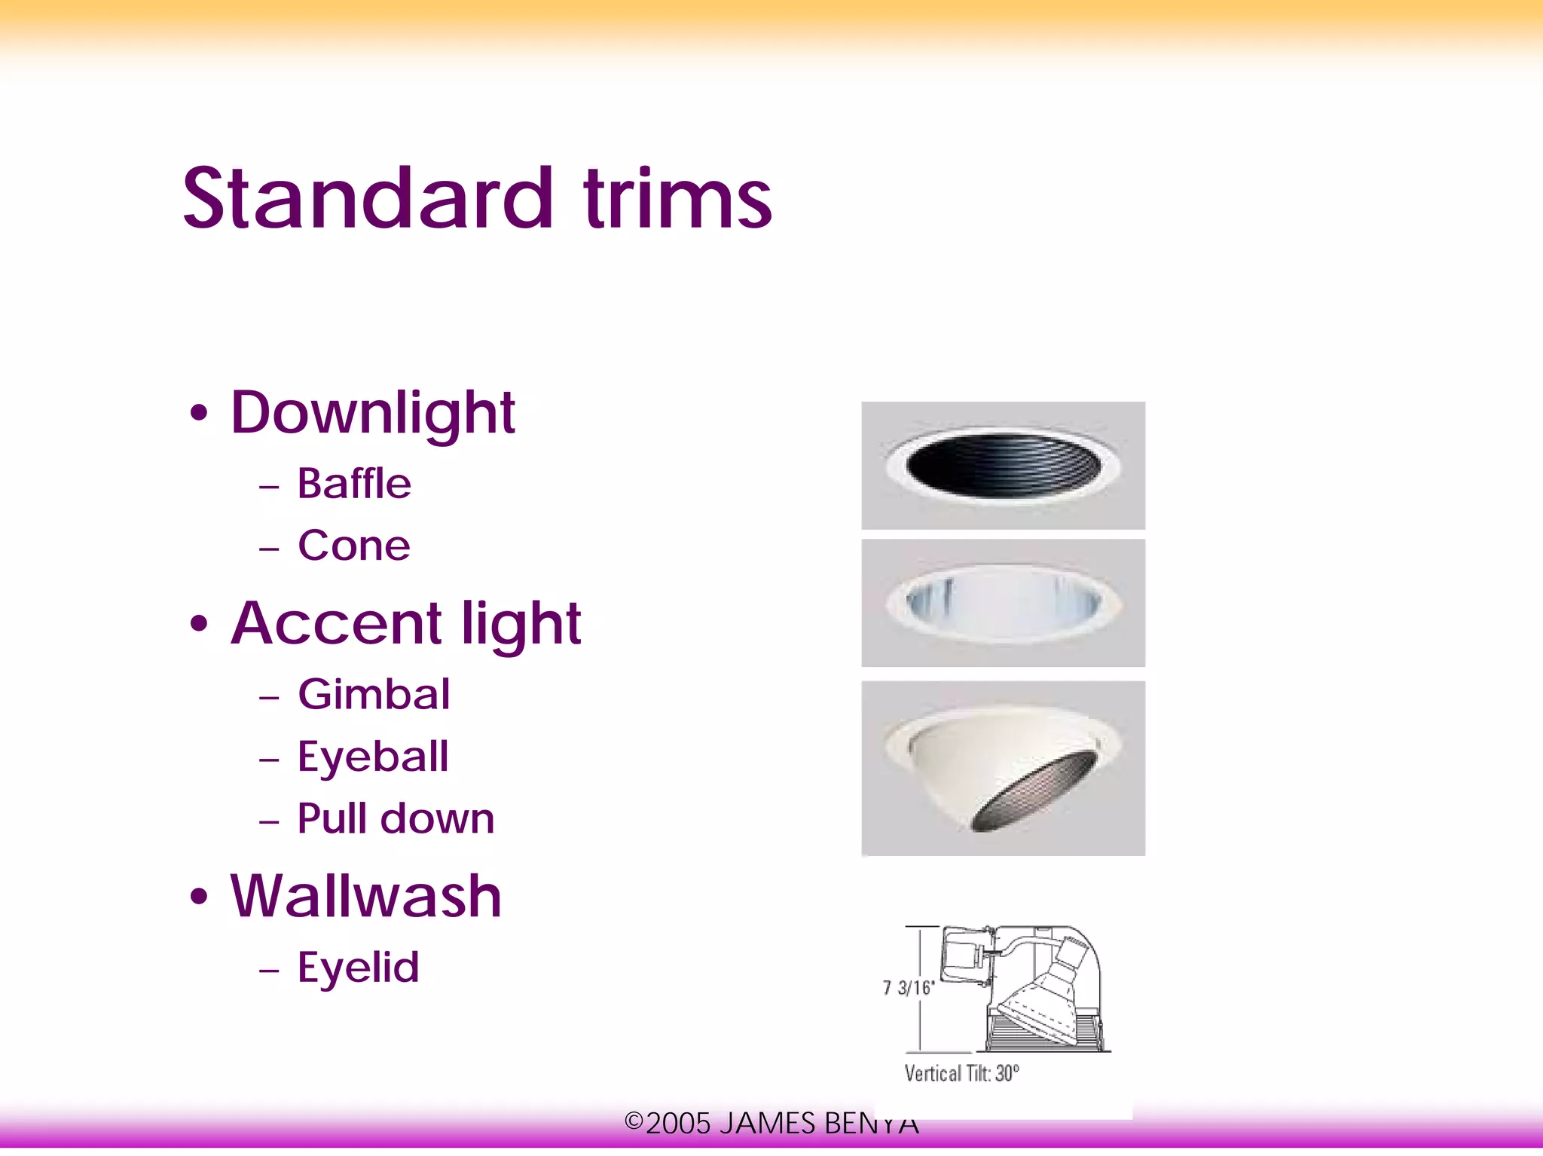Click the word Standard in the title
[368, 199]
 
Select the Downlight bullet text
[372, 413]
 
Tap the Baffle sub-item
[354, 484]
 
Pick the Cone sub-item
[354, 546]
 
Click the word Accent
[336, 624]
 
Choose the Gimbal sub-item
[374, 694]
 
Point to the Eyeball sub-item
[373, 757]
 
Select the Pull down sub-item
[396, 819]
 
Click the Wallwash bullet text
[366, 897]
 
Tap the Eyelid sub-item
[358, 968]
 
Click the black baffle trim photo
[1003, 465]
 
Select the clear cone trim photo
[1003, 603]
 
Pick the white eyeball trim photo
[1003, 768]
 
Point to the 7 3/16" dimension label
[909, 987]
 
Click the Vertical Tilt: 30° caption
[961, 1073]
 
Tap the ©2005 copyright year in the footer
[668, 1124]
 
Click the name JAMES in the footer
[768, 1124]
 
